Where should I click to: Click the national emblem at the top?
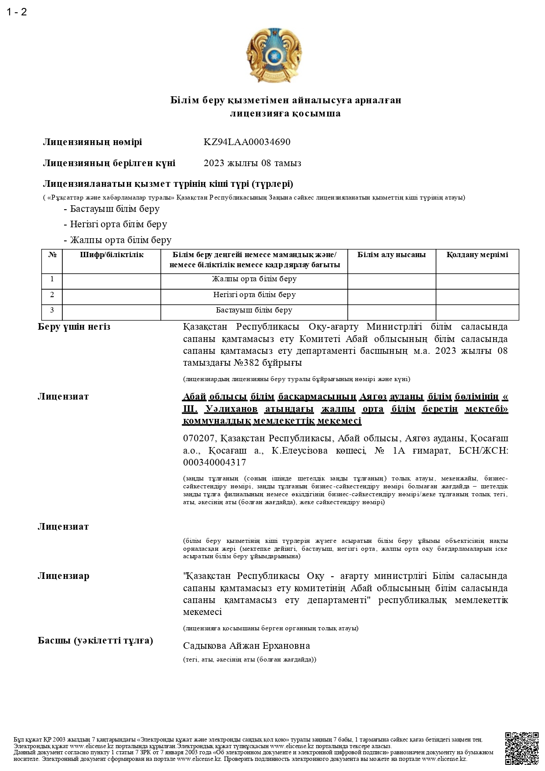click(x=273, y=55)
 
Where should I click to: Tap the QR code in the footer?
click(x=521, y=748)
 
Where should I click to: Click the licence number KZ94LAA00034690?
click(x=247, y=142)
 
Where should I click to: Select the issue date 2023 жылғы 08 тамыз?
click(x=252, y=163)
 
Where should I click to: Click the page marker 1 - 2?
click(x=17, y=12)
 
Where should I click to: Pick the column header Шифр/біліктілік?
click(x=112, y=255)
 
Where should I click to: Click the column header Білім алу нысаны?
click(x=391, y=255)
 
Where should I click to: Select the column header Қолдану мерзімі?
click(x=477, y=255)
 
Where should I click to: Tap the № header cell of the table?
click(x=52, y=255)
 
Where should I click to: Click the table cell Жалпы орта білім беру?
click(x=254, y=279)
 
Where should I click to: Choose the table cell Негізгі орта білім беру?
click(x=254, y=295)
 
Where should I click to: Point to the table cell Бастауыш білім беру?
click(x=254, y=310)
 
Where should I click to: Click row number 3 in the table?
click(x=52, y=310)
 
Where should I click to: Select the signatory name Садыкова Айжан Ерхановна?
click(x=246, y=646)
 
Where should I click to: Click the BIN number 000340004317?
click(x=214, y=462)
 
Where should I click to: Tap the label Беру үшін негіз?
click(x=74, y=327)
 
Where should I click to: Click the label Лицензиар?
click(x=63, y=576)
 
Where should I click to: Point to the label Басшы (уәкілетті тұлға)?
click(x=95, y=640)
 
